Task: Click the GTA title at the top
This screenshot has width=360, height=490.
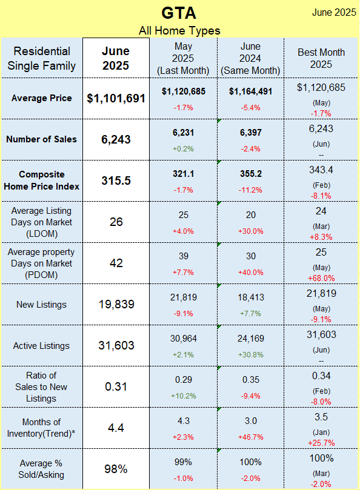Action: [x=179, y=13]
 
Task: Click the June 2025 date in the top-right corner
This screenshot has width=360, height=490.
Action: [x=334, y=13]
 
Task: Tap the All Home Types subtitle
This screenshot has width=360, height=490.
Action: [x=179, y=31]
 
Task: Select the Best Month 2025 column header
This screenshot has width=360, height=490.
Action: [x=321, y=58]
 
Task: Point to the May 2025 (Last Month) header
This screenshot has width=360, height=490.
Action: [x=183, y=58]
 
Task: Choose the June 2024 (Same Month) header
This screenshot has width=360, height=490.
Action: [x=250, y=58]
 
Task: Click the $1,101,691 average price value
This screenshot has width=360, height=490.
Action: [x=116, y=99]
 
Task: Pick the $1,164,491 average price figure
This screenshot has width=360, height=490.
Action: [x=250, y=91]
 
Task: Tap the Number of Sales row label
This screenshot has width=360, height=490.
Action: [x=42, y=139]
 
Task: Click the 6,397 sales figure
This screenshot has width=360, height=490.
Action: [x=250, y=133]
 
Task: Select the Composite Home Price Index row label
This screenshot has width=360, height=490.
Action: [x=42, y=180]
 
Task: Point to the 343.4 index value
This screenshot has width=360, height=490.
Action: [x=321, y=170]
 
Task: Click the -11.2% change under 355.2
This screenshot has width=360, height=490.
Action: [x=250, y=190]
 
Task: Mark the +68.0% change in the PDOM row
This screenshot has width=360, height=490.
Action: [x=321, y=278]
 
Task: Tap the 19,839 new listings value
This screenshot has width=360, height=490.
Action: [x=116, y=304]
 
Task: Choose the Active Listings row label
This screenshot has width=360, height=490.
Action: [x=41, y=346]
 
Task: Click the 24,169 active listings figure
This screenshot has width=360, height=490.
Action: [x=250, y=339]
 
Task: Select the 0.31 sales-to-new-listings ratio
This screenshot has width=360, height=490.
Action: [x=116, y=386]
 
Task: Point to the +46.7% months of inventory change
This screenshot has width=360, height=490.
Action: [x=250, y=437]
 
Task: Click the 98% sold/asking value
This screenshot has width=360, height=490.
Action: [x=116, y=469]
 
